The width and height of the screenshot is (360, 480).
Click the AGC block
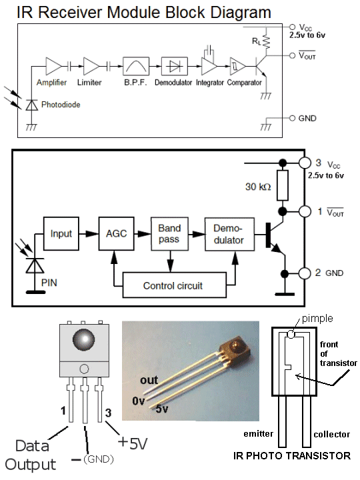tap(116, 233)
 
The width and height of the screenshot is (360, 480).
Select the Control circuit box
tap(175, 285)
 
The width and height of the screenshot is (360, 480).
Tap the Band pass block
tap(169, 233)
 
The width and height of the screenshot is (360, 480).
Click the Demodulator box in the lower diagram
tap(229, 234)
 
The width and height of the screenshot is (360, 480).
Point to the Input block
tap(61, 233)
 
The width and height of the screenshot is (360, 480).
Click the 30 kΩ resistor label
tap(258, 187)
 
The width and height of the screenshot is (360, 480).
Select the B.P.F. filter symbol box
tap(136, 66)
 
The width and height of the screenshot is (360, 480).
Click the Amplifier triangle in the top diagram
tap(53, 66)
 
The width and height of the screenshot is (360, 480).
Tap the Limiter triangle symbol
tap(91, 66)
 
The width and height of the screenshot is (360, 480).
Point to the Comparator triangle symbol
tap(237, 66)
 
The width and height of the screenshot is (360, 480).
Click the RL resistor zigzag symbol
tap(266, 42)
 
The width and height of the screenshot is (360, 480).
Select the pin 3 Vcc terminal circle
tap(305, 163)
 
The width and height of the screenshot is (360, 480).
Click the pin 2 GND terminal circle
tap(305, 273)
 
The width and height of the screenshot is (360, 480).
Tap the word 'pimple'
tap(317, 319)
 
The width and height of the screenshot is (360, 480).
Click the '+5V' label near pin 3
tap(133, 443)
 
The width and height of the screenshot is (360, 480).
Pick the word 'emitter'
tap(259, 434)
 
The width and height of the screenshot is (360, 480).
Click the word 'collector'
tap(331, 435)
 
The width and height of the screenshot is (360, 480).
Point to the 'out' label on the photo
tap(149, 380)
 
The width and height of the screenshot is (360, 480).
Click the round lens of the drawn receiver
tap(83, 340)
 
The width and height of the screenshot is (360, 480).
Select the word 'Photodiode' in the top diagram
tap(61, 105)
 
